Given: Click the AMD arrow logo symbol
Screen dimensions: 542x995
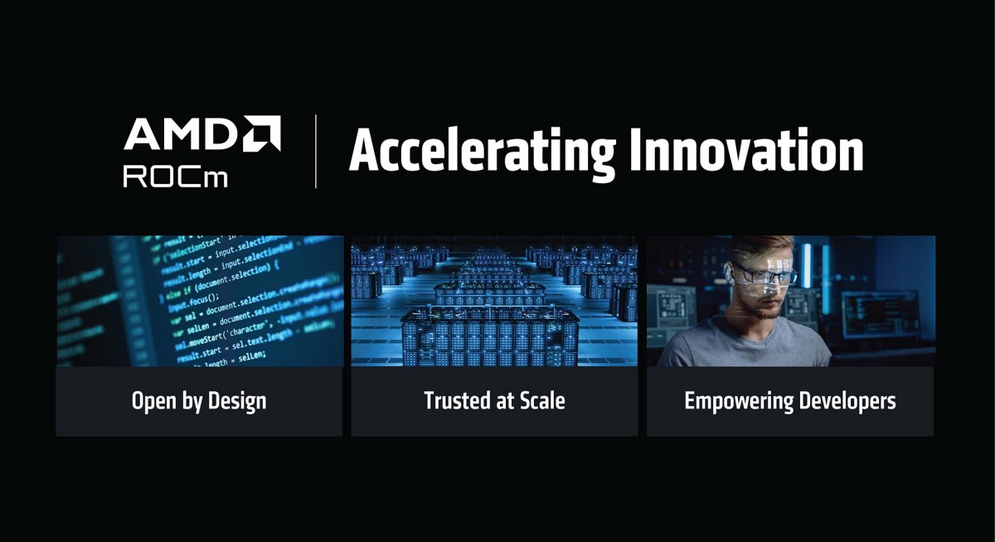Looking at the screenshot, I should coord(262,133).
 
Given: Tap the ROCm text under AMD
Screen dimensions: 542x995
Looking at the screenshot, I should coord(175,176).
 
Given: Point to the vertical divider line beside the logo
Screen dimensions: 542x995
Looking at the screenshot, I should coord(316,152).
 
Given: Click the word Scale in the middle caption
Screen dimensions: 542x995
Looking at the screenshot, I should coord(542,401).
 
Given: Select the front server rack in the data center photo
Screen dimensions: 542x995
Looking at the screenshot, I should coord(489,336).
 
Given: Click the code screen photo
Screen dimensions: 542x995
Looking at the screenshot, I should coord(199,300).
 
